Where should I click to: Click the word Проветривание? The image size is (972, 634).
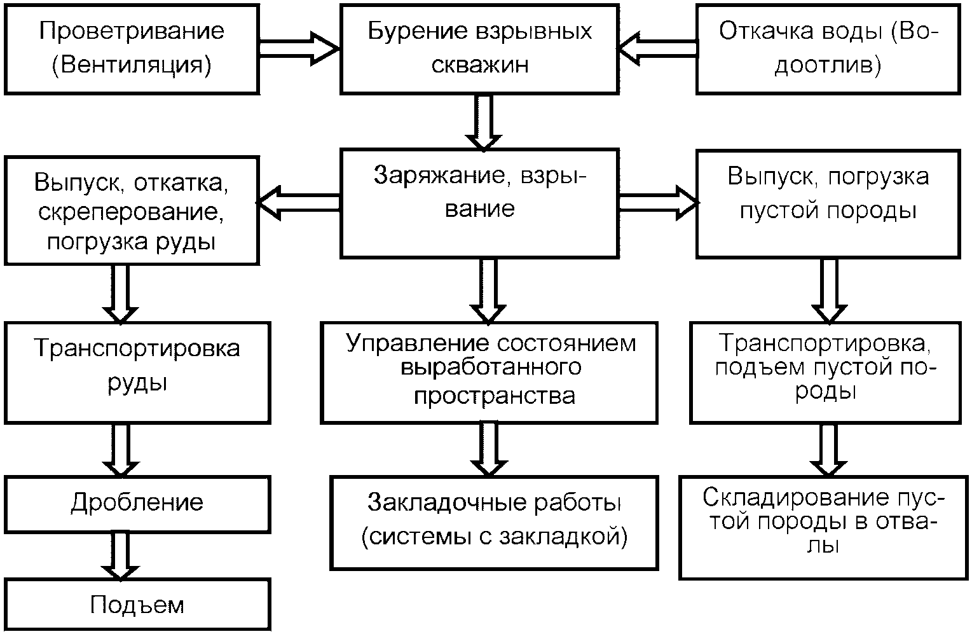132,32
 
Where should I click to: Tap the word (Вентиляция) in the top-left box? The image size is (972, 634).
132,65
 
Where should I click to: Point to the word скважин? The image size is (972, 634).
479,65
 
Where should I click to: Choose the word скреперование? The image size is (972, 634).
130,212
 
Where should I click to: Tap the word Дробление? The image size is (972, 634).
137,503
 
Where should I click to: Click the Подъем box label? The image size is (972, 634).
137,605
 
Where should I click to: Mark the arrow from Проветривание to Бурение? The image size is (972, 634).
299,48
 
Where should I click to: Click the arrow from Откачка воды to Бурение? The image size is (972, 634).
657,48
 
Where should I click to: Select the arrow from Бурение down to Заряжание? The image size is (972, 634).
484,123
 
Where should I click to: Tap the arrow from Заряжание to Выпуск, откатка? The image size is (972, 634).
298,203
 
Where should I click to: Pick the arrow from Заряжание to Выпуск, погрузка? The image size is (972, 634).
658,203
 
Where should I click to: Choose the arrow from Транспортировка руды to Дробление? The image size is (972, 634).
121,450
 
